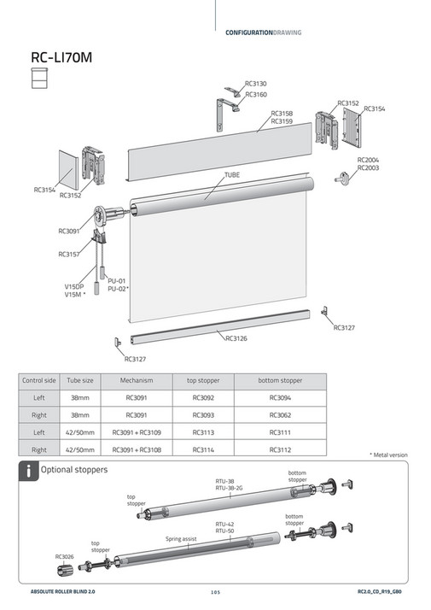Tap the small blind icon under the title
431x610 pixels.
38,79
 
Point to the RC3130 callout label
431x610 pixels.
256,84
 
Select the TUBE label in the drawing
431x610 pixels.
232,174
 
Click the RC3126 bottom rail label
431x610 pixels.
236,338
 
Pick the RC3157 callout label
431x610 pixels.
69,254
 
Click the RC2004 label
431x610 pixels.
369,160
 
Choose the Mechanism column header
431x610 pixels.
137,379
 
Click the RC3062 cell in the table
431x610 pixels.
280,414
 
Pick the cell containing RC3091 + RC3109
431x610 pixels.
137,431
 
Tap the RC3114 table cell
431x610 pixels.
203,449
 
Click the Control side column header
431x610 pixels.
38,379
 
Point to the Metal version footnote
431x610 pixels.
388,455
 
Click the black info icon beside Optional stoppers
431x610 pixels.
29,469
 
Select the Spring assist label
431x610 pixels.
182,539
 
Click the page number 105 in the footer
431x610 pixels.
215,591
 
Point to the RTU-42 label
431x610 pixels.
225,523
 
